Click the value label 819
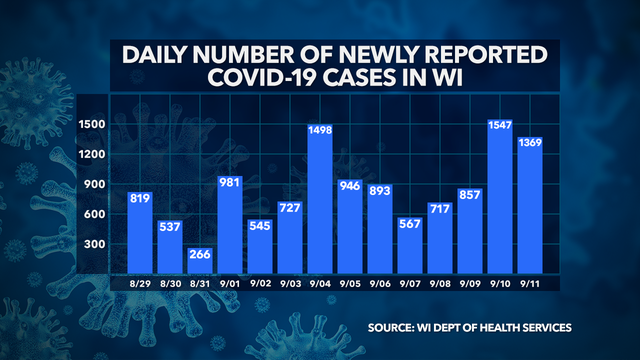(x=140, y=198)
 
